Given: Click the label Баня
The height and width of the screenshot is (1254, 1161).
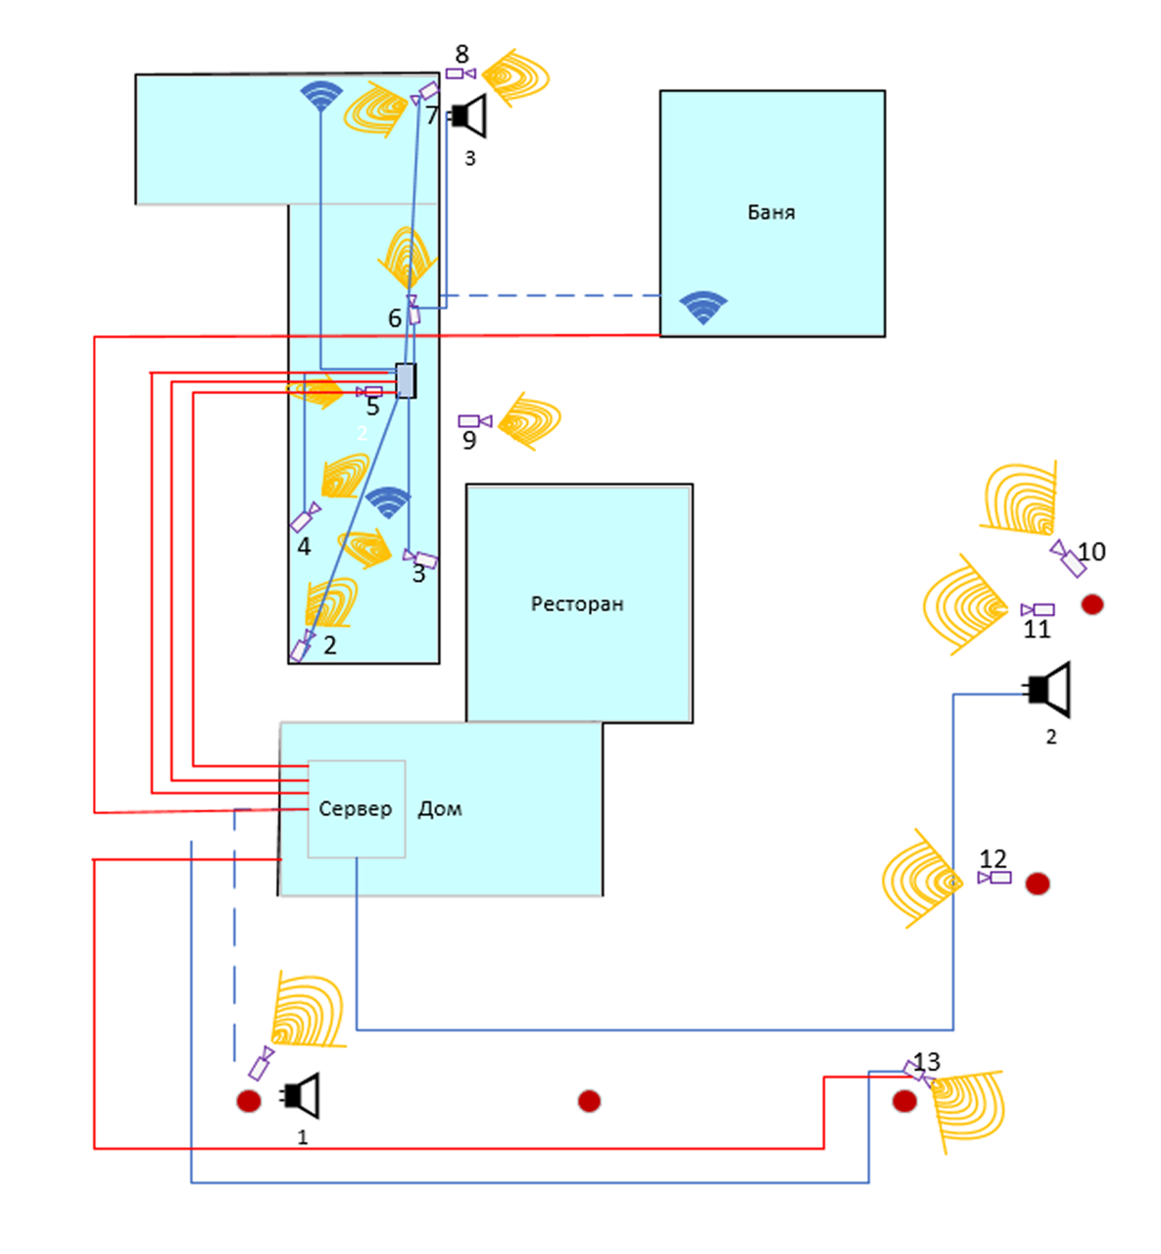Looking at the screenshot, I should click(x=771, y=213).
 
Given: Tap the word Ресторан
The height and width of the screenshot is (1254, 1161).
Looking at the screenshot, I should click(x=577, y=604).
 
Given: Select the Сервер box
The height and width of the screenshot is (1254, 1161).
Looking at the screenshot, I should click(x=356, y=809).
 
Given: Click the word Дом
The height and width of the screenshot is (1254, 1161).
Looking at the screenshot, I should click(x=440, y=809).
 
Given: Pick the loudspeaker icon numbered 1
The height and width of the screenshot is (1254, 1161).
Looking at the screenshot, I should click(x=302, y=1095).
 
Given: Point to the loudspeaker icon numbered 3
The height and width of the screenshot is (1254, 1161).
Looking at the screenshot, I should click(x=468, y=117).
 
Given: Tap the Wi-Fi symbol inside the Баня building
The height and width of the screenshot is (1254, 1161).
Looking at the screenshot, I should click(x=703, y=307).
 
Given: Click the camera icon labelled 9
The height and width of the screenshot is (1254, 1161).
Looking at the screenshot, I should click(x=475, y=421).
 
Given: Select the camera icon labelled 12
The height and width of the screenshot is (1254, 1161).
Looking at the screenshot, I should click(x=994, y=878).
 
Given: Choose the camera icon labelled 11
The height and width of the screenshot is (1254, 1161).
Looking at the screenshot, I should click(x=1038, y=610).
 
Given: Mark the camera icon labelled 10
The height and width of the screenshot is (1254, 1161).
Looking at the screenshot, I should click(x=1068, y=557).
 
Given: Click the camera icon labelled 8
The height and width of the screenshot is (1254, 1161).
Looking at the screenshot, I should click(x=460, y=73).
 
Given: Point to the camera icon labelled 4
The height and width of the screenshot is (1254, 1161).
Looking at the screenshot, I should click(x=305, y=517).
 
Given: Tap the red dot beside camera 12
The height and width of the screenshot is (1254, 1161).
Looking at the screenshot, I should click(x=1038, y=884).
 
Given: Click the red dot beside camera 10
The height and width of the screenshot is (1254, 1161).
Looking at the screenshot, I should click(x=1092, y=604).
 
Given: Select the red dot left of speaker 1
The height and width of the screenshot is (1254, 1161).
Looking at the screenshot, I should click(x=249, y=1101).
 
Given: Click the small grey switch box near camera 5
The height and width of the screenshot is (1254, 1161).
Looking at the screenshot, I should click(x=406, y=380).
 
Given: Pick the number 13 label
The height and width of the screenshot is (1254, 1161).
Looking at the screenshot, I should click(x=927, y=1062).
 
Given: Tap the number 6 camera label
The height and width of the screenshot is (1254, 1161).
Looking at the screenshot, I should click(x=395, y=318).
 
